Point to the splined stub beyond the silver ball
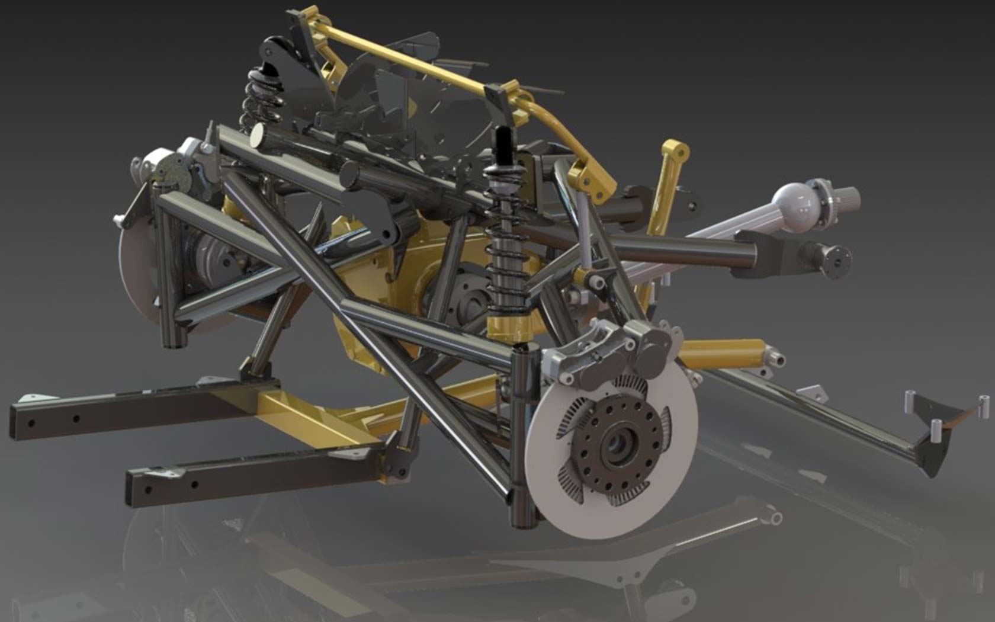click(x=847, y=196)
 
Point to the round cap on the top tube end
click(x=258, y=136)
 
